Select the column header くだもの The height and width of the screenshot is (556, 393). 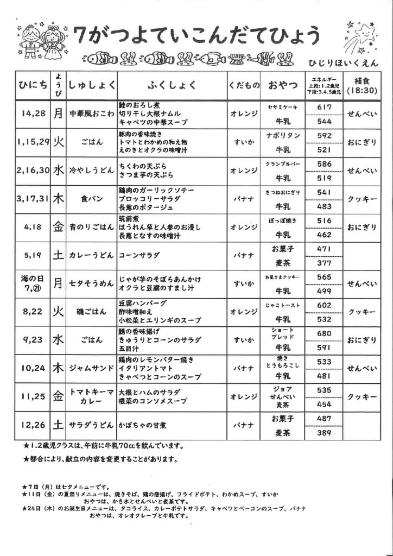(x=243, y=85)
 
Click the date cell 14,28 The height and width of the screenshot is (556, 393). (x=33, y=114)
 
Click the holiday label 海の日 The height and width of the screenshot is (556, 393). (x=32, y=277)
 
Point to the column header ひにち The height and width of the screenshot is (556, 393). (x=33, y=85)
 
